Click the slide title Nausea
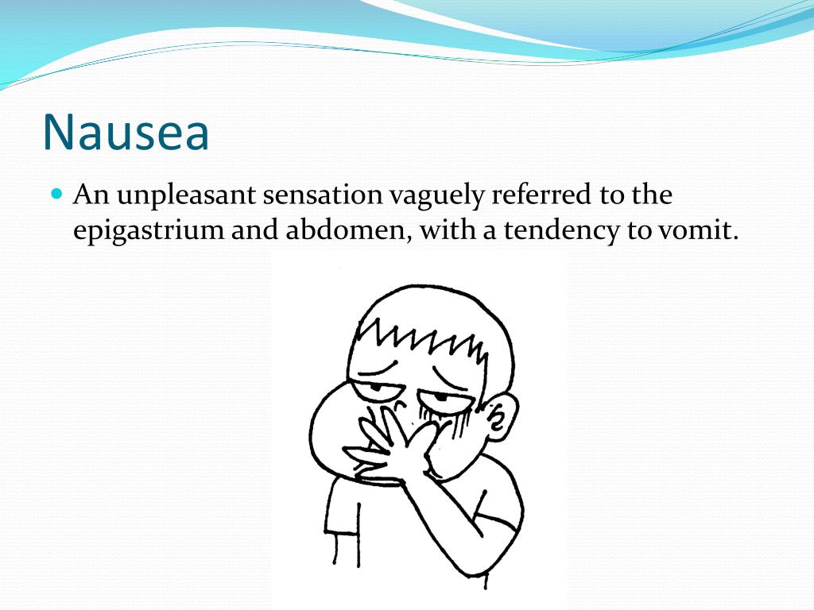126,132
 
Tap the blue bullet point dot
56,193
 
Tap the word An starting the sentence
90,195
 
